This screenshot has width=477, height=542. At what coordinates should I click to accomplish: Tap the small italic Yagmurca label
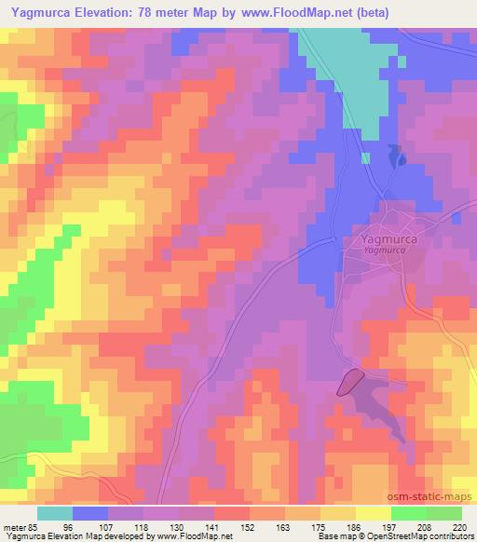[x=386, y=251]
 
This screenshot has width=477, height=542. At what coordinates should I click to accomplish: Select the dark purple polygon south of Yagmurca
[x=349, y=381]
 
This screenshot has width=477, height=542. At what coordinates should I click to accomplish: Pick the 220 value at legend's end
[x=459, y=525]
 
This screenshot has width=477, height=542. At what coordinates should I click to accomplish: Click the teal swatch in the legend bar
[x=55, y=513]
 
